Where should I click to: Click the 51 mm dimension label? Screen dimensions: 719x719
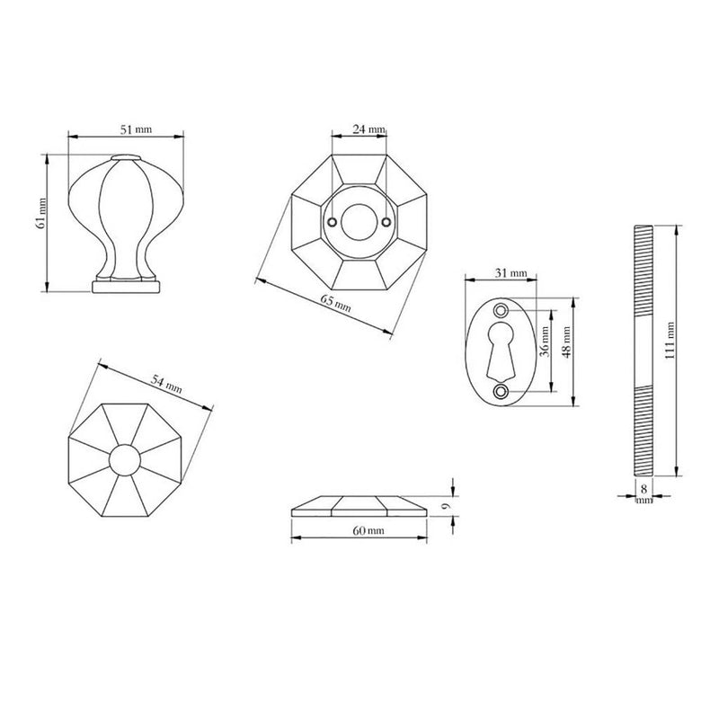pyautogui.click(x=136, y=129)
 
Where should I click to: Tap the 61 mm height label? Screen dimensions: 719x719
pyautogui.click(x=40, y=213)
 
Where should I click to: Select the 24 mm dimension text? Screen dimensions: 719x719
pyautogui.click(x=368, y=129)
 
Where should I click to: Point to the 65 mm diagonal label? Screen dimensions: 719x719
pyautogui.click(x=335, y=303)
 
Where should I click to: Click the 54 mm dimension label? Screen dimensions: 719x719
pyautogui.click(x=167, y=385)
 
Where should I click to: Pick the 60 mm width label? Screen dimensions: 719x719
pyautogui.click(x=368, y=530)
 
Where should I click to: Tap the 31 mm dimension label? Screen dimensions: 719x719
pyautogui.click(x=510, y=273)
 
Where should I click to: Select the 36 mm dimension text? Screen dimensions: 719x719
pyautogui.click(x=545, y=342)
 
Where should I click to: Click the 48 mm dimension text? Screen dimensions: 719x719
pyautogui.click(x=566, y=342)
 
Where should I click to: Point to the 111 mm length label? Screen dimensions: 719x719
pyautogui.click(x=670, y=341)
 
